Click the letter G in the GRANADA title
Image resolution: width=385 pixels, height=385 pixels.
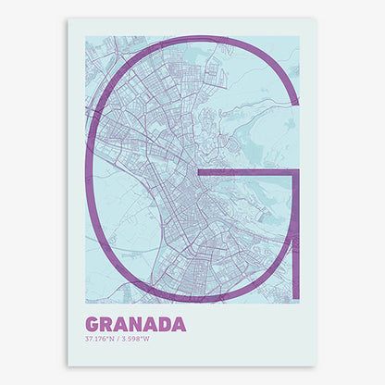point(93,325)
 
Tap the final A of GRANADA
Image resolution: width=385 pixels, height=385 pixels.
point(179,325)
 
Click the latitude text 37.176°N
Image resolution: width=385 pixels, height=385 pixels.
point(101,338)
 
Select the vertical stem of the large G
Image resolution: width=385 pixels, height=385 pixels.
point(295,231)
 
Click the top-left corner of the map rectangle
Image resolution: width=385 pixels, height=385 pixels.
point(85,36)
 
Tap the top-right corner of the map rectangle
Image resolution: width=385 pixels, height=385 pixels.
point(300,36)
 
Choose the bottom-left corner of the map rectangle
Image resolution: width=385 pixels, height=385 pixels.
point(85,304)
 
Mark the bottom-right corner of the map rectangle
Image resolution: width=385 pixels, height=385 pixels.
point(300,304)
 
